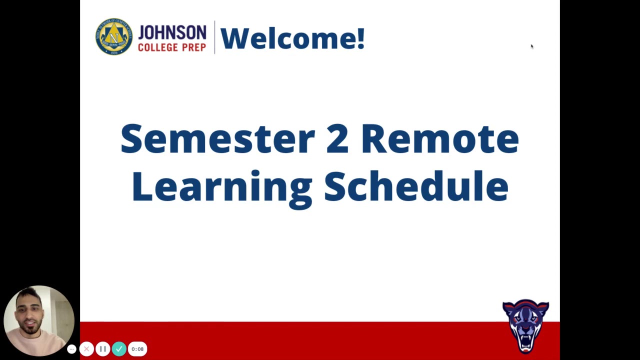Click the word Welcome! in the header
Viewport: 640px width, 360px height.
[x=292, y=38]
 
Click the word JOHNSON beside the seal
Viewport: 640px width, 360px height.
[x=172, y=33]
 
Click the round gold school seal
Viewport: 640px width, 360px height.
[x=114, y=36]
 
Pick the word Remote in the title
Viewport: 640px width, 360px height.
[x=439, y=139]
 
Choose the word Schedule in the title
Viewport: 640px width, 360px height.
[x=416, y=186]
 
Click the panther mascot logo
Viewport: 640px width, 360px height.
[x=525, y=325]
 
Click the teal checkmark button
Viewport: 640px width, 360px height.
[x=119, y=349]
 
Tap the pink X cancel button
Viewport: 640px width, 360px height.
[x=86, y=349]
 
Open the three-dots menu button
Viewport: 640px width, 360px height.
[x=71, y=349]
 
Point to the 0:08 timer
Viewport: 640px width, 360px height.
[x=137, y=349]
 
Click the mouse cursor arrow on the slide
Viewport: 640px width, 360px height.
[x=531, y=46]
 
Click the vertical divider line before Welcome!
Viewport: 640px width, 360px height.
[x=214, y=37]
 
